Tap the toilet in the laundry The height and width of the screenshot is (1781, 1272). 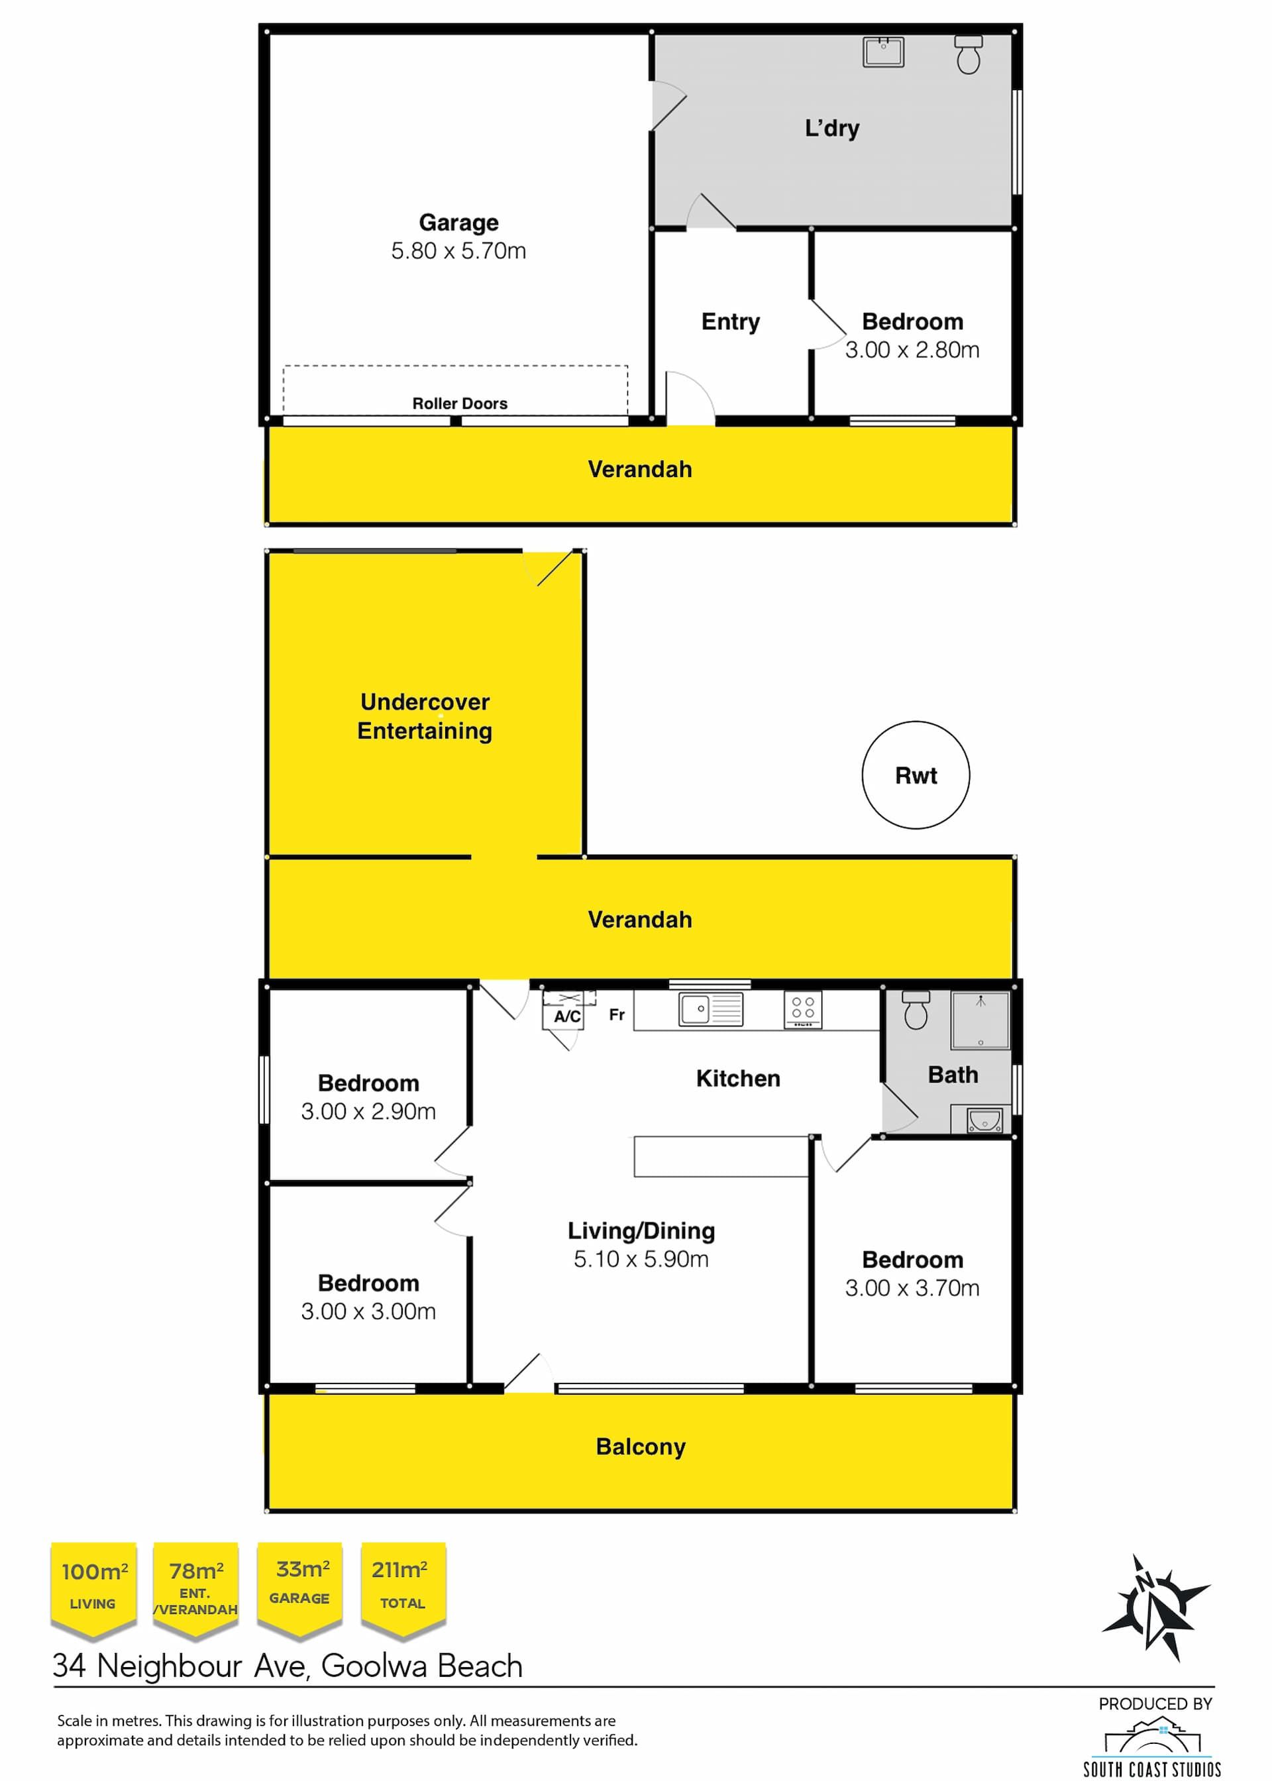tap(968, 55)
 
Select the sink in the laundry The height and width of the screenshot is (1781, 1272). tap(884, 52)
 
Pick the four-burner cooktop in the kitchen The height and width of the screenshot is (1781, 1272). tap(803, 1010)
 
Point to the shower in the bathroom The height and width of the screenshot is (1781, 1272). tap(980, 1020)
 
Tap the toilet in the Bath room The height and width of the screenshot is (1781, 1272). tap(916, 1010)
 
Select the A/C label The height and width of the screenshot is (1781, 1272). tap(567, 1016)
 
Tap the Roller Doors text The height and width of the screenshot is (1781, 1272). tap(460, 404)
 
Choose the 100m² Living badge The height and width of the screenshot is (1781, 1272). tap(93, 1591)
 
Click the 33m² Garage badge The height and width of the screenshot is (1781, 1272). tap(299, 1591)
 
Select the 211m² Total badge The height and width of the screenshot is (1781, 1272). tap(403, 1591)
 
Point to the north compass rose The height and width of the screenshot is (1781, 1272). tap(1155, 1608)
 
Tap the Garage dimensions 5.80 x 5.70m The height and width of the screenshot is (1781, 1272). tap(459, 250)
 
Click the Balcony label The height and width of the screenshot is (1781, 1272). tap(641, 1446)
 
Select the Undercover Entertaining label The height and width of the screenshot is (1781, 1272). tap(425, 716)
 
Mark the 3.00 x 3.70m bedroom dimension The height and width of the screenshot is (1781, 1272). tap(912, 1287)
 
